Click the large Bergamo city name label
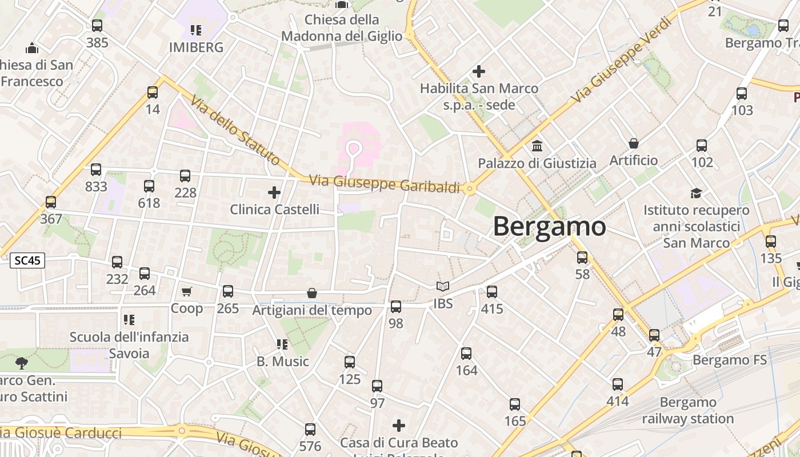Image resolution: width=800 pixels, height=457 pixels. tap(549, 227)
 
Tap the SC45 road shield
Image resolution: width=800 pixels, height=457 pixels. tap(27, 261)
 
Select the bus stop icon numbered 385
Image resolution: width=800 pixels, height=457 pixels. tap(97, 26)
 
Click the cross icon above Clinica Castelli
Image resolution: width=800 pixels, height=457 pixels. tap(274, 193)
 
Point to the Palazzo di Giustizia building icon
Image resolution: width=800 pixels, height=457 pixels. tap(537, 146)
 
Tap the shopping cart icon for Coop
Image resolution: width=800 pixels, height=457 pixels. tap(186, 292)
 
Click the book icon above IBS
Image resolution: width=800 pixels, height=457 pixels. tap(443, 287)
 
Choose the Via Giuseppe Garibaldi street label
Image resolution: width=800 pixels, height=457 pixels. tap(385, 184)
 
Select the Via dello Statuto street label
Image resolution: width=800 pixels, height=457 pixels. tap(235, 130)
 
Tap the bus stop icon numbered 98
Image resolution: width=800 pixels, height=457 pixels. tap(396, 307)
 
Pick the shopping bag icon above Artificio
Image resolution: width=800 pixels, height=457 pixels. tap(633, 143)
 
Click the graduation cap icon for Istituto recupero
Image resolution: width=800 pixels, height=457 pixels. tap(696, 193)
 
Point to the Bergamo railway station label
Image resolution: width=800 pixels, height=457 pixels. tap(687, 410)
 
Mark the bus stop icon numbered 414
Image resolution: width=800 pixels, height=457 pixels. tap(618, 384)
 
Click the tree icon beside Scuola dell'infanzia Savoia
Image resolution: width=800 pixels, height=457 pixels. tap(22, 363)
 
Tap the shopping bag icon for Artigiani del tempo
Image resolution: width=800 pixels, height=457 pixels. tap(312, 294)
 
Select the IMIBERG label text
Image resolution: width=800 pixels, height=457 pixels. tap(196, 47)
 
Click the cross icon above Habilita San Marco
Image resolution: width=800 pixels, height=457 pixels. tap(479, 71)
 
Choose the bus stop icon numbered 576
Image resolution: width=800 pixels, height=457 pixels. tap(310, 430)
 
